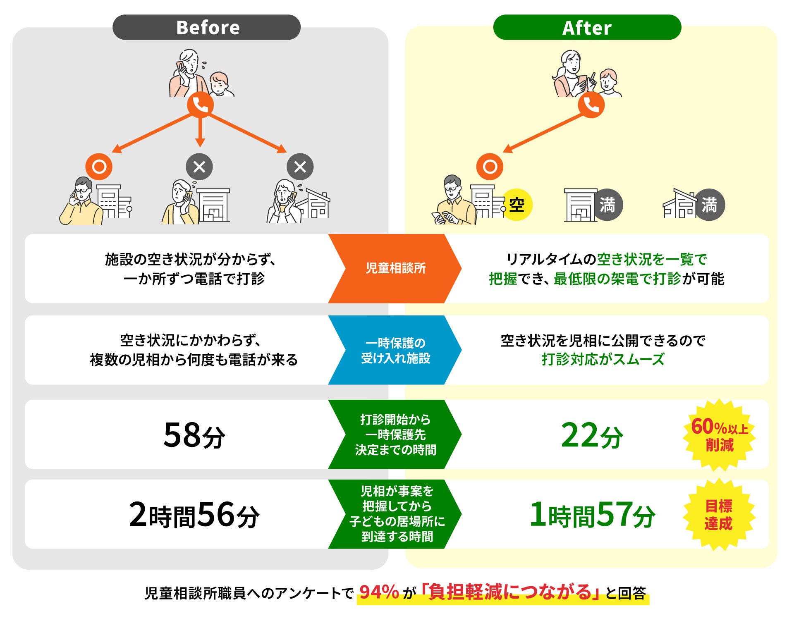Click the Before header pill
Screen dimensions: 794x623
(x=206, y=27)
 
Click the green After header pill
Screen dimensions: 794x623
(x=587, y=27)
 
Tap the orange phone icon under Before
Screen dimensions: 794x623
(x=200, y=105)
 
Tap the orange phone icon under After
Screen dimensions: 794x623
(x=591, y=105)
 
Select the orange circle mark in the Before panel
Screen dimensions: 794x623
(x=99, y=167)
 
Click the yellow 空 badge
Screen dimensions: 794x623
(x=517, y=205)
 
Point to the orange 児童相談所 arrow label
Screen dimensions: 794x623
(x=395, y=268)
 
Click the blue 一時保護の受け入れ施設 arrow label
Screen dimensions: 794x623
(x=395, y=350)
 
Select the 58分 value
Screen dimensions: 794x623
(x=194, y=435)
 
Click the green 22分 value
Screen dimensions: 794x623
(x=592, y=435)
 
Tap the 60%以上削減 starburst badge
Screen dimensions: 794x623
(x=720, y=435)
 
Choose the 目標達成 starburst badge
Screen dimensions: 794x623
(x=719, y=515)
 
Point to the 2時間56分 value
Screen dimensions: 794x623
(x=194, y=515)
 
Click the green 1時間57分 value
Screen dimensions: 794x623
(x=592, y=515)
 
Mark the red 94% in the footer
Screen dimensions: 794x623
(x=379, y=592)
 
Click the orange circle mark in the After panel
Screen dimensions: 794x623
(x=490, y=167)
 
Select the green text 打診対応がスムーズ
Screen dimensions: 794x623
(x=603, y=359)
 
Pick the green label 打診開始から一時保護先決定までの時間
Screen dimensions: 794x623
(x=395, y=434)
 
